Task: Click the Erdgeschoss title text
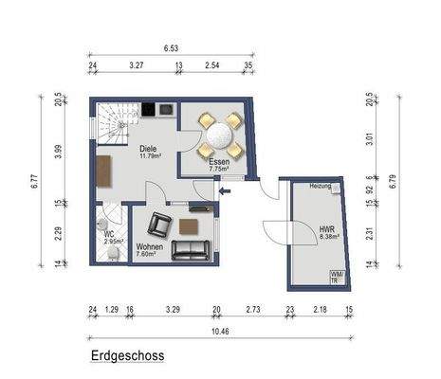[x=128, y=356]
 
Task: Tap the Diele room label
[x=148, y=150]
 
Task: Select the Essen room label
[x=218, y=162]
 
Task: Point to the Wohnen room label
[x=149, y=246]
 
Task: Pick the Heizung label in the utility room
[x=321, y=188]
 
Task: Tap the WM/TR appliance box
[x=336, y=277]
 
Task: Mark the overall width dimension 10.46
[x=220, y=331]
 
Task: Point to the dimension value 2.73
[x=252, y=309]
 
